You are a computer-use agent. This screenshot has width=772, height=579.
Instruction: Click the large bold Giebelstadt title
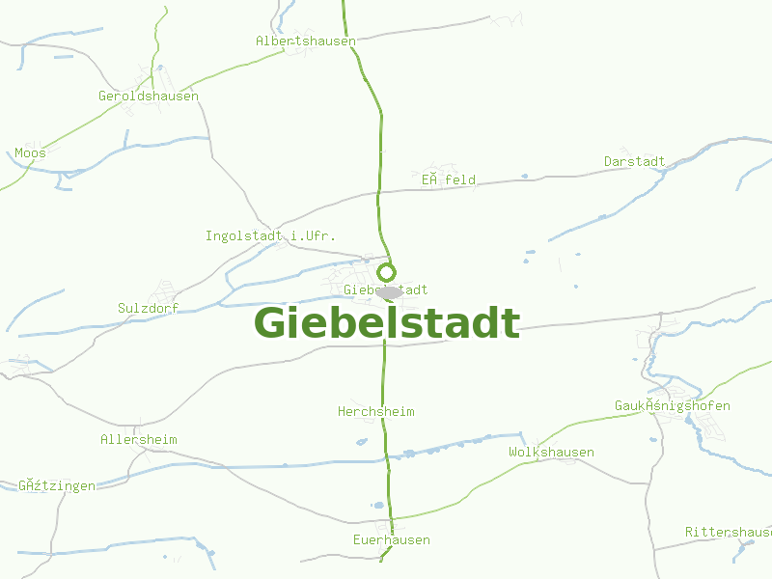click(387, 323)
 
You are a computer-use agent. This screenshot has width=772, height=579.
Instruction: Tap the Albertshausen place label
click(306, 41)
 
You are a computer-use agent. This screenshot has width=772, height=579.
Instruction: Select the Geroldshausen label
click(149, 96)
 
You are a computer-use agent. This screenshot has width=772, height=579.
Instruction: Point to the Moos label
click(30, 153)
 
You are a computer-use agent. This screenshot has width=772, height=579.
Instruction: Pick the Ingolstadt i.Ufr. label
click(270, 236)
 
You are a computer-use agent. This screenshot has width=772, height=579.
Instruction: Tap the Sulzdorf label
click(149, 309)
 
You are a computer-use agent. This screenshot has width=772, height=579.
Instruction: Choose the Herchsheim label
click(376, 412)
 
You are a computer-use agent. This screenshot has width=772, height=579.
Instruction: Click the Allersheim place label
click(139, 440)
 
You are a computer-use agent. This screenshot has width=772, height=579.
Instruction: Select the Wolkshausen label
click(551, 453)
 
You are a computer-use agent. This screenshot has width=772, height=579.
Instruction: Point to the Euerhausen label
click(391, 540)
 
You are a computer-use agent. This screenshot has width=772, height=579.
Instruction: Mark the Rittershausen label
click(729, 533)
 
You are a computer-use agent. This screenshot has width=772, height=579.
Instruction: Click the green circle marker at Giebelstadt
click(387, 272)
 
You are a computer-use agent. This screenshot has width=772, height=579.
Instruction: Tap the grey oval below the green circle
click(390, 291)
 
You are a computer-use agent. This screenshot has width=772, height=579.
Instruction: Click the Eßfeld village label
click(448, 180)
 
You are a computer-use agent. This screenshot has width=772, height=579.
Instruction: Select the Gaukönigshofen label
click(672, 406)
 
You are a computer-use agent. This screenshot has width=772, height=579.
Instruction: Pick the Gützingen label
click(57, 486)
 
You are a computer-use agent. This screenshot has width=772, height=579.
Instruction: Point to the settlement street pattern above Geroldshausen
click(153, 75)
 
